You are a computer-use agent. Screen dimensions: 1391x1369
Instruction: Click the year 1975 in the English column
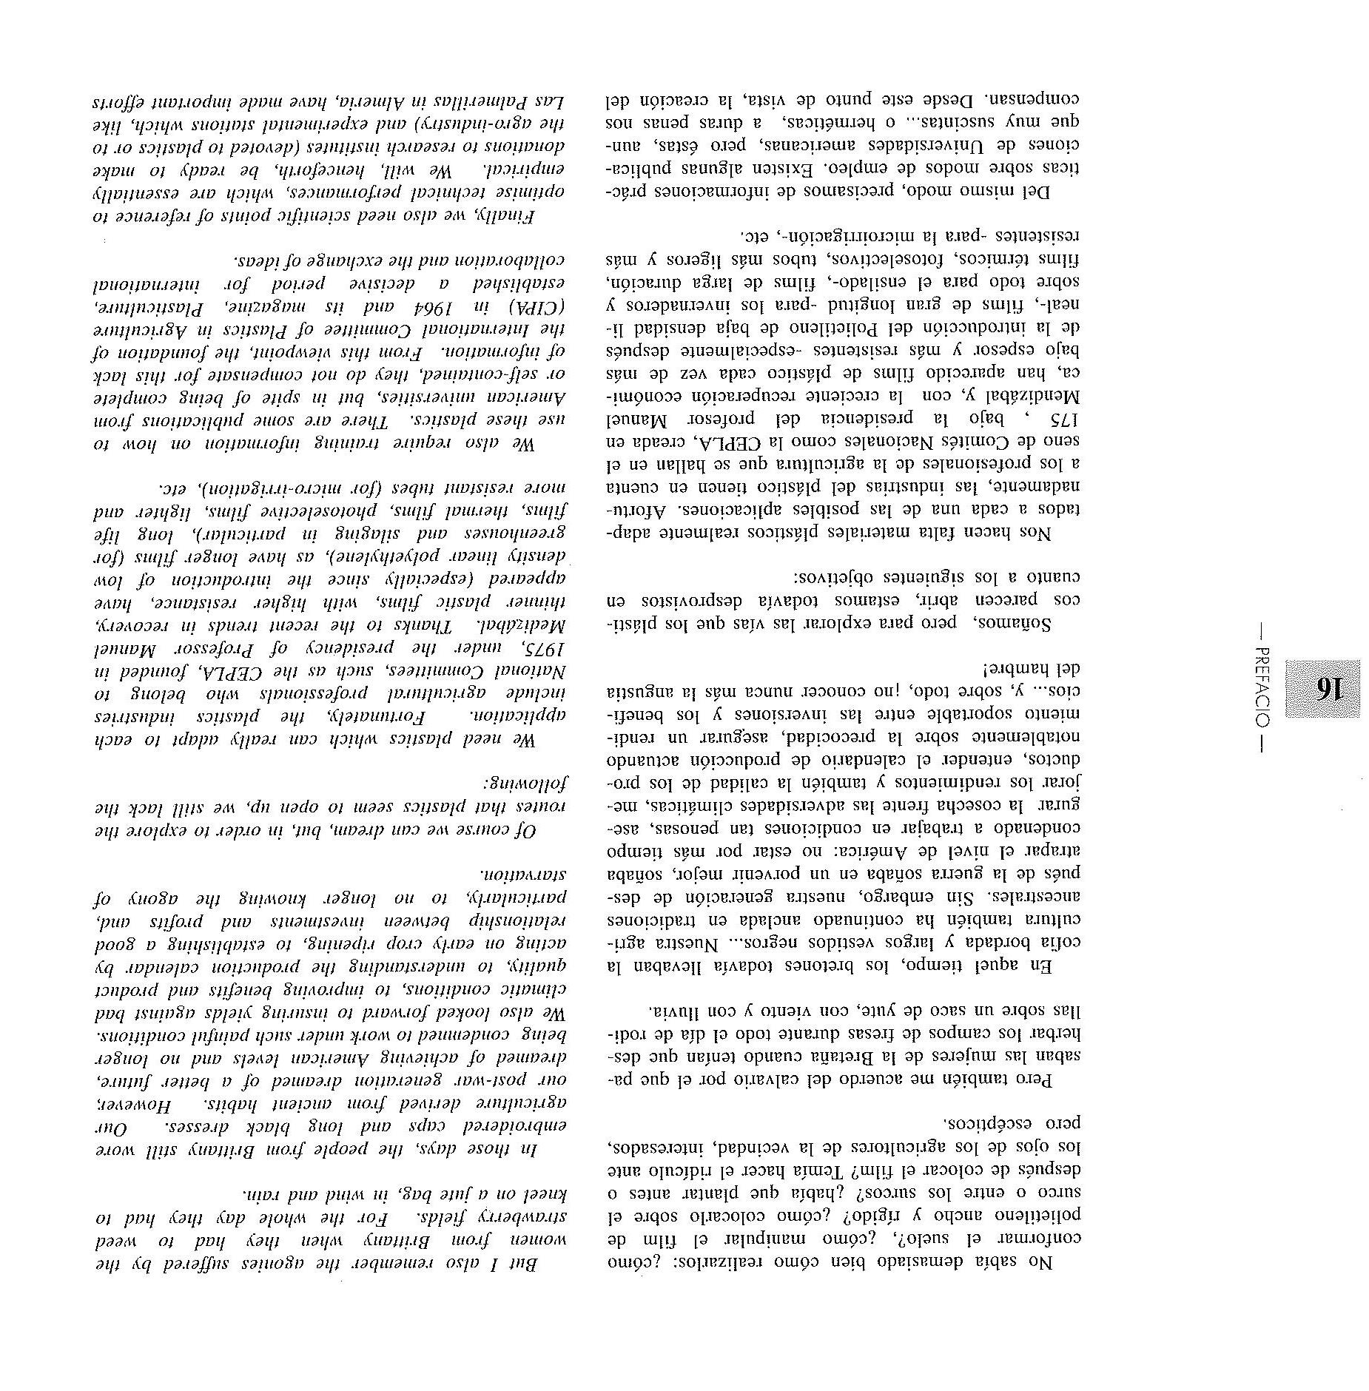click(x=545, y=649)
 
